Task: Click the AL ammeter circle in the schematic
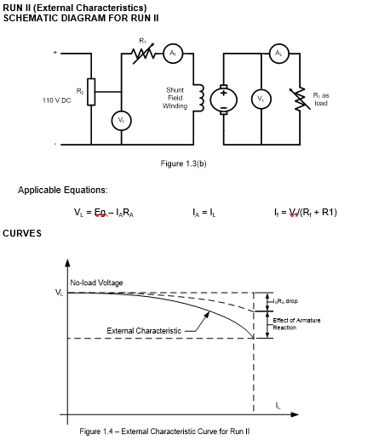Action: point(277,53)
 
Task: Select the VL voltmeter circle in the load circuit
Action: point(261,99)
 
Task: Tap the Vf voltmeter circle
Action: point(121,122)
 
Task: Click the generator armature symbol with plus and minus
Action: point(225,99)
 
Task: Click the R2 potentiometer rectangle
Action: point(90,88)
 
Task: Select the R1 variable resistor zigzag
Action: point(142,54)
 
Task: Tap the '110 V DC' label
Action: point(60,100)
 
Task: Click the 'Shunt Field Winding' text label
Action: point(175,98)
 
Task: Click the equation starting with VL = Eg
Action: point(104,212)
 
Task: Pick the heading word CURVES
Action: point(22,232)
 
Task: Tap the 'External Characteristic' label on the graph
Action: point(143,329)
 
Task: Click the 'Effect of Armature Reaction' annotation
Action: point(295,323)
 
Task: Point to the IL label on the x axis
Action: point(278,406)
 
